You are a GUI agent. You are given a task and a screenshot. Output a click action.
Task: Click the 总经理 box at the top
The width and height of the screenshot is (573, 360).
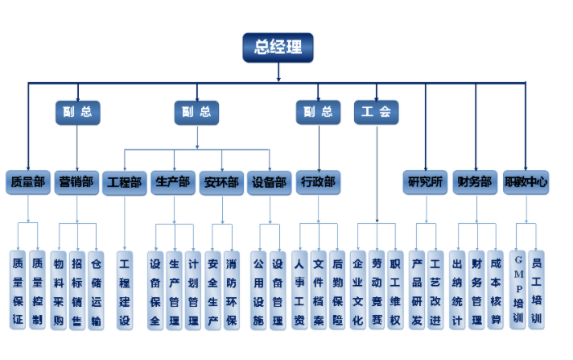[x=278, y=47]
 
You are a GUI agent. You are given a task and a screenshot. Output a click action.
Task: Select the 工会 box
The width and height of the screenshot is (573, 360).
[x=376, y=112]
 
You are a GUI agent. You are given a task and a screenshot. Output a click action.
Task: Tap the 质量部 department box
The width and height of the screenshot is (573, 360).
[x=27, y=182]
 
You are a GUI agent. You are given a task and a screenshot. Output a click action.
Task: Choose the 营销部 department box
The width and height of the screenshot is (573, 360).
[x=76, y=182]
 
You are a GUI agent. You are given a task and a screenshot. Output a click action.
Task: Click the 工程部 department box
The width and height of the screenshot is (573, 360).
[x=124, y=182]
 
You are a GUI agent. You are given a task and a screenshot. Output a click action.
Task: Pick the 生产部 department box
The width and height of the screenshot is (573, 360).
[x=173, y=182]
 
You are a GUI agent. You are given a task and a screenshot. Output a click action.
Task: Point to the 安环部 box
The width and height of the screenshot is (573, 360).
[x=221, y=182]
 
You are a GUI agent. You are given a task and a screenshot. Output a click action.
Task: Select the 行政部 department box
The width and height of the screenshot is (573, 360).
[x=318, y=182]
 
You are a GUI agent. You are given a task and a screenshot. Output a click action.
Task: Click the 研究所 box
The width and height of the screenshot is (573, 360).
[x=426, y=182]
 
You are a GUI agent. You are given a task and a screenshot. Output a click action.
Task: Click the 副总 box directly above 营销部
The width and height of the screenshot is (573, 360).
[x=77, y=112]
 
